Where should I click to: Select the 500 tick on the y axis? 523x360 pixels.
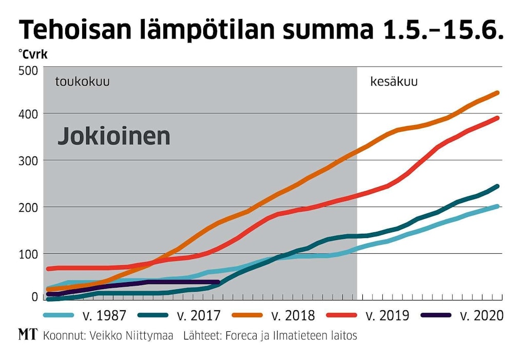(x=28, y=71)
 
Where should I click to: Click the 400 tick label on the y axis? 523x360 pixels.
(x=28, y=114)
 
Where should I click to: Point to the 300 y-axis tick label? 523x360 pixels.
(x=28, y=161)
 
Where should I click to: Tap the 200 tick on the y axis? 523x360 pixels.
(x=28, y=207)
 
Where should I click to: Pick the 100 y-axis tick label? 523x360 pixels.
(x=28, y=254)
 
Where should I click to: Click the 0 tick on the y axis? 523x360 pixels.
(x=34, y=296)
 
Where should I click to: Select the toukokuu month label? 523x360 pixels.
(x=83, y=82)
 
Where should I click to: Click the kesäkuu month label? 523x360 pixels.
(x=394, y=82)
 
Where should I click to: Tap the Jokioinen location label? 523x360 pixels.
(x=113, y=136)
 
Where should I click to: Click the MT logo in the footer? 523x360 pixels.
(x=27, y=335)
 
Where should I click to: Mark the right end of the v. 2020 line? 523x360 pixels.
(x=218, y=282)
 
